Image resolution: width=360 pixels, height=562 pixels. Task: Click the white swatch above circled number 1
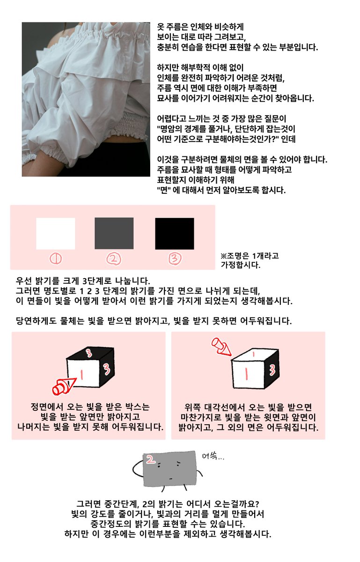(x=55, y=233)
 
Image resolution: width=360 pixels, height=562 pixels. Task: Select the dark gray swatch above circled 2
(x=114, y=233)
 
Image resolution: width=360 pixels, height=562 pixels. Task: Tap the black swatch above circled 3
(x=174, y=233)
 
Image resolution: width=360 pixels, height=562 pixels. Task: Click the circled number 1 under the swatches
(x=55, y=259)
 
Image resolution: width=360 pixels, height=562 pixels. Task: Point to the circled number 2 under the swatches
(x=114, y=259)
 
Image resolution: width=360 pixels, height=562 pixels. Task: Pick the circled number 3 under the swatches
(x=175, y=259)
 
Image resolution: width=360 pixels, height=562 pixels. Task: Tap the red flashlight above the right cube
(x=221, y=347)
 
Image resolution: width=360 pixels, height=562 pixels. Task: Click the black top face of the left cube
(x=90, y=354)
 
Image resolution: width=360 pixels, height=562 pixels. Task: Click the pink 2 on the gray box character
(x=151, y=459)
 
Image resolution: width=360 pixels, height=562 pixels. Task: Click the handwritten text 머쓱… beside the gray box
(x=213, y=456)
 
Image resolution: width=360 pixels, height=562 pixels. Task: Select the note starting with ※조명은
(x=250, y=260)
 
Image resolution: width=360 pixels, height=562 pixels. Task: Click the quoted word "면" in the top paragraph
(x=164, y=190)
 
